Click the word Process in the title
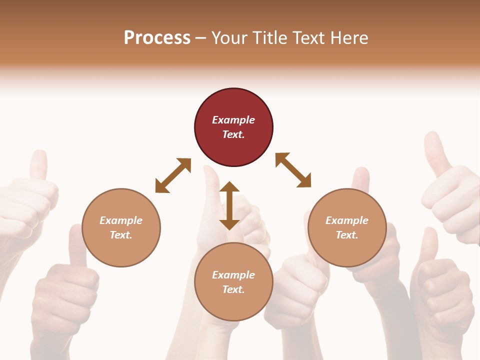pos(157,38)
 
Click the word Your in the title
pos(230,38)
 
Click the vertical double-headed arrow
pos(229,205)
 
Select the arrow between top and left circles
pos(173,175)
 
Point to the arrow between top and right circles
pos(293,170)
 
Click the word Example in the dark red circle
pos(233,120)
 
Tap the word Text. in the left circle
pos(121,235)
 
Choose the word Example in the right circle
pos(347,220)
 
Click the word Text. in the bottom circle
pos(233,289)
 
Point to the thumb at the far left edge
pos(37,165)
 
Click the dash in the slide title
pos(200,38)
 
